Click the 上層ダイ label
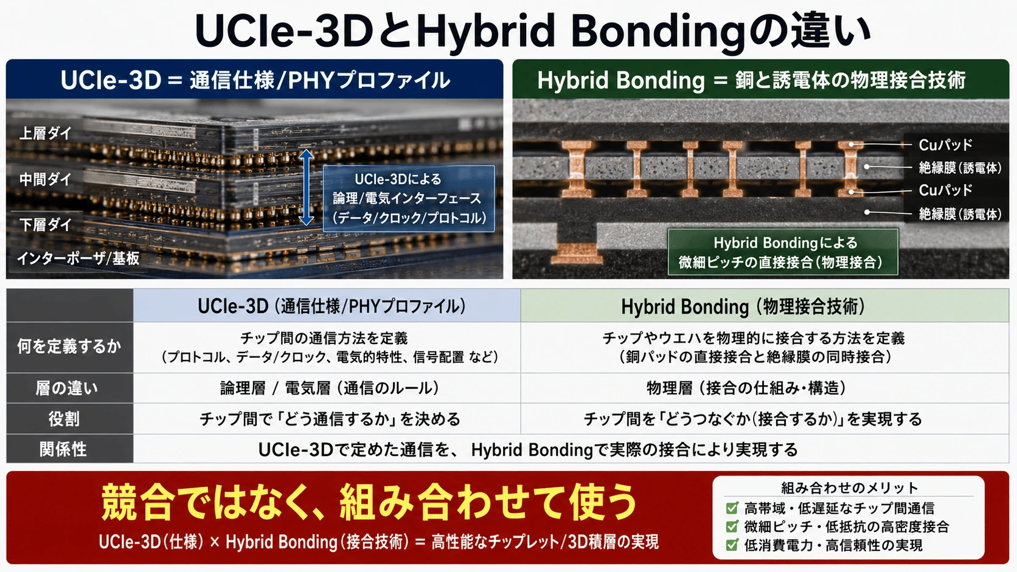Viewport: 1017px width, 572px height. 46,133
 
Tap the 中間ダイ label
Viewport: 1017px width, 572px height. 46,179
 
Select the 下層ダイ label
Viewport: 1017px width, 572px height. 46,224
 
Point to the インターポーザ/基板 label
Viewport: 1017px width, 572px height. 78,258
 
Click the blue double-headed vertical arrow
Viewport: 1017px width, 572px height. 307,187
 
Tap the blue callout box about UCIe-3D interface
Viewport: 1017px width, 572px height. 409,199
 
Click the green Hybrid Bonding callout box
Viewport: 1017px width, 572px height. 783,252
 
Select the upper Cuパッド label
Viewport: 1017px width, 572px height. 945,145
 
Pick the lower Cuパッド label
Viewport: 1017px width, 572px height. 945,190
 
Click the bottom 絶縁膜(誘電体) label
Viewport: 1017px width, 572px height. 960,213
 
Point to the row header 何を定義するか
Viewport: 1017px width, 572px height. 69,346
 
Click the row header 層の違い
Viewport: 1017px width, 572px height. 67,388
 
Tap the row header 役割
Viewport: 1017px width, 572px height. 64,419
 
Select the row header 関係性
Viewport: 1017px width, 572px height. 63,450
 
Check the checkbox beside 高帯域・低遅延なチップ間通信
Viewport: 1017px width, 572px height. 731,508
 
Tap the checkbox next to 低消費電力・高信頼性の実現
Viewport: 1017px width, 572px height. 731,545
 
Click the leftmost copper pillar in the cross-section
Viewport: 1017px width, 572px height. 577,169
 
